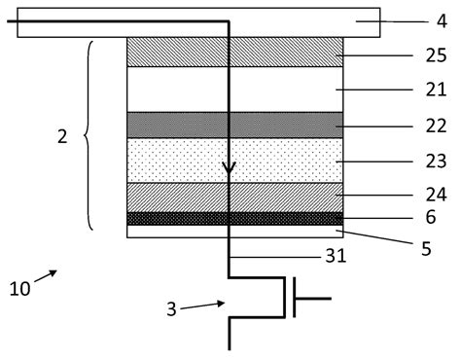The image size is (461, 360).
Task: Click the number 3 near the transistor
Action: [172, 310]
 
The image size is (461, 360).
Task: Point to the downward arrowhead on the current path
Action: [229, 172]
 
